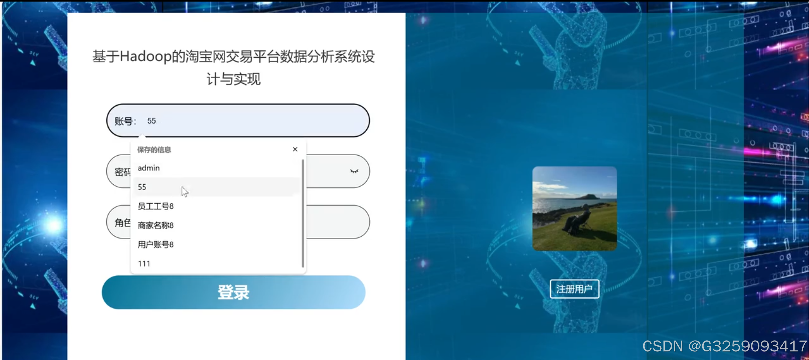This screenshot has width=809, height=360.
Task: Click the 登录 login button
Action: [x=233, y=292]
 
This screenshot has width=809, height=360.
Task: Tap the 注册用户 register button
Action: [x=574, y=289]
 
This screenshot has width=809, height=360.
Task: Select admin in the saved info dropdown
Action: [x=149, y=168]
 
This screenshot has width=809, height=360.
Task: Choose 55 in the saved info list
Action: [x=142, y=187]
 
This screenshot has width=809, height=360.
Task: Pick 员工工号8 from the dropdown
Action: [x=155, y=206]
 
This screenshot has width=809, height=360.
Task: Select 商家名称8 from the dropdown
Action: [x=155, y=225]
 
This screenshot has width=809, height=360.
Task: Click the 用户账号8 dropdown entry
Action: [x=155, y=245]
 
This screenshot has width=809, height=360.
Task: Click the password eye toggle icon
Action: [x=354, y=171]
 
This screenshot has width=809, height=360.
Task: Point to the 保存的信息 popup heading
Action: [x=154, y=150]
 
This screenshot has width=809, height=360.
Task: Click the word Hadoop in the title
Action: [x=145, y=57]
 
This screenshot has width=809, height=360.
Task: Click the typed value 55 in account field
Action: [x=151, y=121]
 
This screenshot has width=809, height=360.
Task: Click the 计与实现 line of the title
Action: [x=233, y=79]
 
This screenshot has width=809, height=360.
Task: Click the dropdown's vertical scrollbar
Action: [x=303, y=213]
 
